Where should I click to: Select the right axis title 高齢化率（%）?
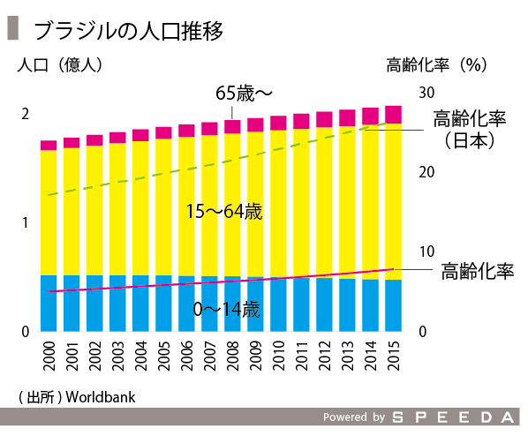pyautogui.click(x=437, y=65)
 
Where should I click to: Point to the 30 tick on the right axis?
pyautogui.click(x=426, y=93)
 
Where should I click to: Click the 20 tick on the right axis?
pyautogui.click(x=426, y=172)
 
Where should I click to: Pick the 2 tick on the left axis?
pyautogui.click(x=26, y=114)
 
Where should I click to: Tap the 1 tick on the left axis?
pyautogui.click(x=26, y=222)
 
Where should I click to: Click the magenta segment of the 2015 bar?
pyautogui.click(x=393, y=114)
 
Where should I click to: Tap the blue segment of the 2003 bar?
pyautogui.click(x=117, y=303)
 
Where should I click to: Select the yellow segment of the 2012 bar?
pyautogui.click(x=324, y=203)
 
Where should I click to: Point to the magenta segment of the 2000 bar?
pyautogui.click(x=49, y=145)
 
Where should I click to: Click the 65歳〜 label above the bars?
pyautogui.click(x=245, y=92)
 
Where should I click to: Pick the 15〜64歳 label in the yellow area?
pyautogui.click(x=224, y=212)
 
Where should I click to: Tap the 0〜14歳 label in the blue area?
pyautogui.click(x=226, y=310)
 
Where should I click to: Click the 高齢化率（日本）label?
pyautogui.click(x=469, y=129)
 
